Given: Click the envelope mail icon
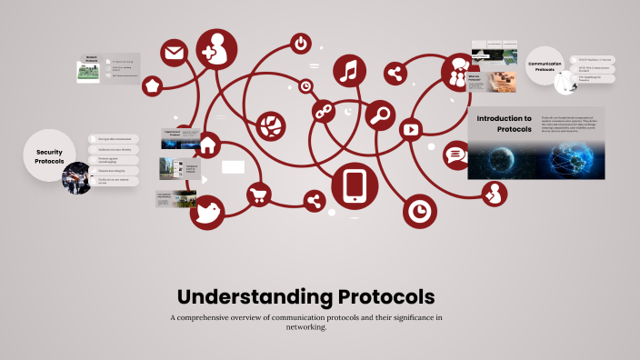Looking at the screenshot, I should (x=175, y=52).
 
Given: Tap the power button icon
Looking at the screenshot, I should (x=301, y=43).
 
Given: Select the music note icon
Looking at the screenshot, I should (x=350, y=72).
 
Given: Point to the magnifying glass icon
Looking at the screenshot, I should (x=382, y=115).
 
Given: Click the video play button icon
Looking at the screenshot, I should (x=411, y=129).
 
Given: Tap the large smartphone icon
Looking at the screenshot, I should (x=355, y=185).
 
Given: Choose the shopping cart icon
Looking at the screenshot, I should (x=259, y=193).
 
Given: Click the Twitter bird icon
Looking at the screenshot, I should (x=208, y=212).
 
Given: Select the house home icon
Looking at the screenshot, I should (x=207, y=144).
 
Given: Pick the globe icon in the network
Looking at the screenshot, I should (x=271, y=125).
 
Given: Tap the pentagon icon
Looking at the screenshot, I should (x=152, y=85).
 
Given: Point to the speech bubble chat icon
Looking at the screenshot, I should (x=455, y=155).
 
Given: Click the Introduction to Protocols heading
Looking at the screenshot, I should (x=505, y=124).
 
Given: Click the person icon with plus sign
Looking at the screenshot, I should (x=214, y=53).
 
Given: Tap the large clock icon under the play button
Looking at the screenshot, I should (x=420, y=211).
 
